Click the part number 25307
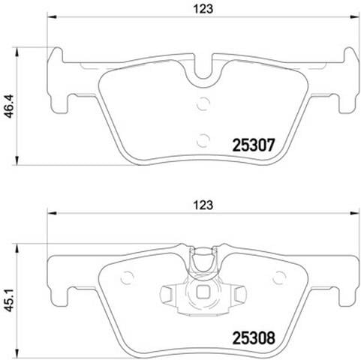[254, 145]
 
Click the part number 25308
[254, 338]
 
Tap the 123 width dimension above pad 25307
[203, 9]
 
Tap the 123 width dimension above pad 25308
[203, 205]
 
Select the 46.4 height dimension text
[10, 106]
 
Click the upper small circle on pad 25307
[203, 103]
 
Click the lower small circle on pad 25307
[203, 140]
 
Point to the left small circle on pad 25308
[127, 277]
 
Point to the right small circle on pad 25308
[279, 277]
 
